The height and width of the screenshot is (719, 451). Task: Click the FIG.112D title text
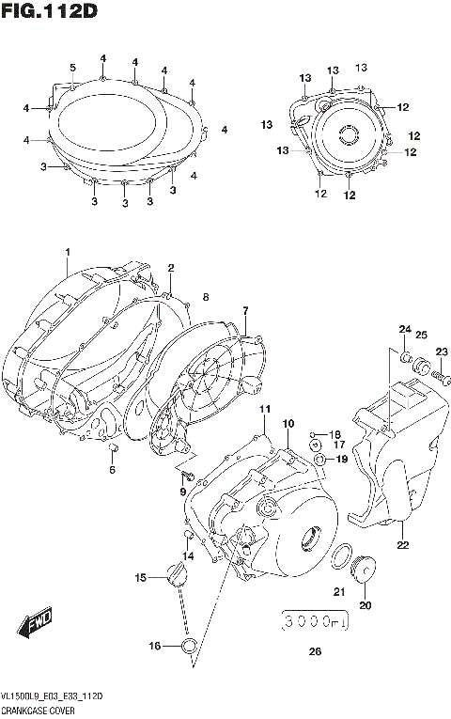49,11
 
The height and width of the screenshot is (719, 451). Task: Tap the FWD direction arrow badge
39,620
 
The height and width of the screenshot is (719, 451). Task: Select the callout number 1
68,252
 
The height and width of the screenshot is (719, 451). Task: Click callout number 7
244,310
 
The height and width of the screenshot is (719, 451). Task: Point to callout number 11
265,409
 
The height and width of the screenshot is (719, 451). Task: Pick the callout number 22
402,544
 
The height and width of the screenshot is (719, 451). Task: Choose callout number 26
314,651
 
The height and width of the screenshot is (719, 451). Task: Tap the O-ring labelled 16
189,645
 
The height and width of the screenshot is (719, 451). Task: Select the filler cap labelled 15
175,574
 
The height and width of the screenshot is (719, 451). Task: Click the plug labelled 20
365,570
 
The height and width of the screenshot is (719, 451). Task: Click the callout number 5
72,67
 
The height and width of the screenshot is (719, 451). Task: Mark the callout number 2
171,268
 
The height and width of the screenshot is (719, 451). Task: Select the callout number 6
112,470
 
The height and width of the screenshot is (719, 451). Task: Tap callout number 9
183,492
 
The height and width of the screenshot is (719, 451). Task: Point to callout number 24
405,329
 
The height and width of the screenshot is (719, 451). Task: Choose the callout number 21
339,591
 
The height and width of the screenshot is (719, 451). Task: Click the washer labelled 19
321,460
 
